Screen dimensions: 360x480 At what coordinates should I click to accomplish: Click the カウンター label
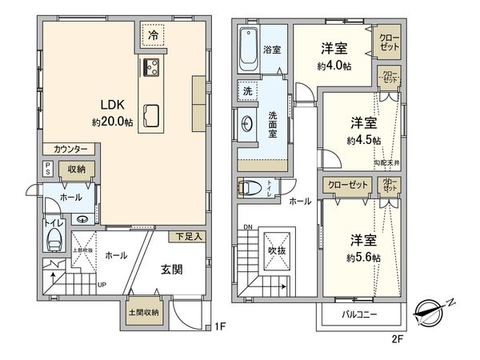[x=71, y=149]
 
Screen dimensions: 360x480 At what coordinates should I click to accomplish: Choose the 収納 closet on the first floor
[x=77, y=169]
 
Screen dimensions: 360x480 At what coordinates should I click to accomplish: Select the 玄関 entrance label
[x=170, y=270]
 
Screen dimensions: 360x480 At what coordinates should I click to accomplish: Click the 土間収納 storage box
[x=144, y=312]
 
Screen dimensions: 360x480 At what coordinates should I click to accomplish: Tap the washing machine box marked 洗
[x=247, y=91]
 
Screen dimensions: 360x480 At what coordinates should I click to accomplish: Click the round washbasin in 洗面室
[x=247, y=123]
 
